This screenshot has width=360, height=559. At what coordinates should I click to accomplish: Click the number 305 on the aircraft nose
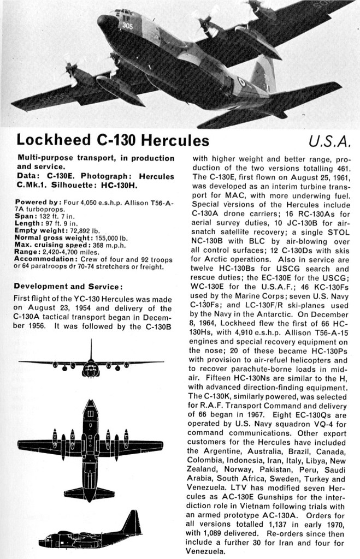click(127, 26)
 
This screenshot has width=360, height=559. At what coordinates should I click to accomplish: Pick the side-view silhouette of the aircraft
click(91, 532)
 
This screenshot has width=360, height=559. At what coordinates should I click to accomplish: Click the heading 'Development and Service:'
click(68, 286)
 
